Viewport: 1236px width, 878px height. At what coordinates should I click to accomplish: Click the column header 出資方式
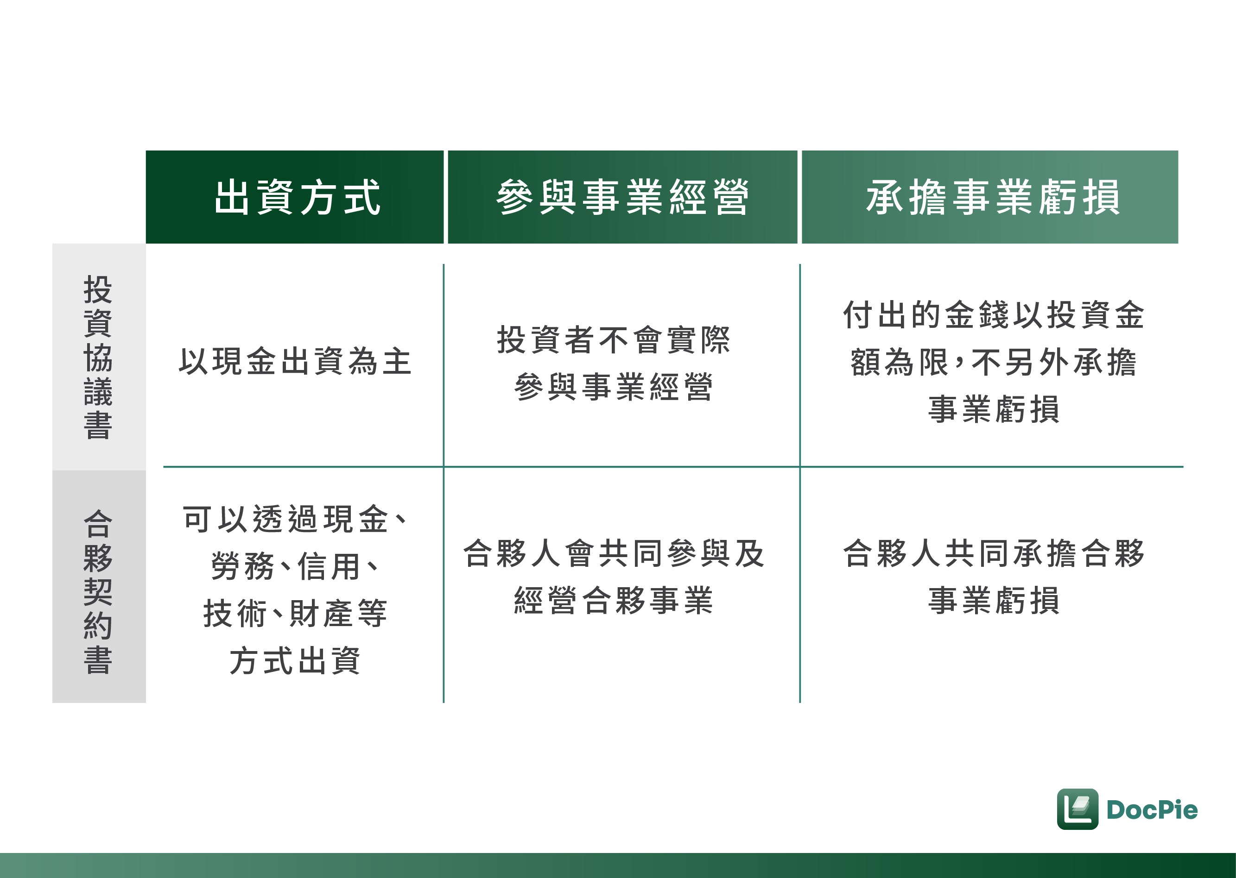click(297, 197)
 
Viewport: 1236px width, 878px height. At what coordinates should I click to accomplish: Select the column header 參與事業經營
click(622, 197)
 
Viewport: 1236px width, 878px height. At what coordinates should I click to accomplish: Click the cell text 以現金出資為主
click(295, 362)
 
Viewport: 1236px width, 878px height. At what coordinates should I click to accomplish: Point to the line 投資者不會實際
click(614, 340)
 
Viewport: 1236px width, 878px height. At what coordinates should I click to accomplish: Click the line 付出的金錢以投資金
click(993, 314)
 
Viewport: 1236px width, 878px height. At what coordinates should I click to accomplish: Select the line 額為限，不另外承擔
click(993, 362)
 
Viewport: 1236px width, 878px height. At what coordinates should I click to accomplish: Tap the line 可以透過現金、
click(295, 519)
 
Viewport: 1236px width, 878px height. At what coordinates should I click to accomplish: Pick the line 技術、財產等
click(295, 614)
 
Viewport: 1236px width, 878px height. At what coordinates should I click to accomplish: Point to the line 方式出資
click(295, 661)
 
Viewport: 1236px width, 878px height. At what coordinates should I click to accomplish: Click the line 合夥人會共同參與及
click(614, 554)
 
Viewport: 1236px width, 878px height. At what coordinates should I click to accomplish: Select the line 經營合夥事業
click(614, 601)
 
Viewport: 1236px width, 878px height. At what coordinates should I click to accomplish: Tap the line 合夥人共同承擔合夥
click(993, 554)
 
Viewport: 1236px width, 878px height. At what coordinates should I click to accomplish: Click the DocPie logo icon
click(1077, 809)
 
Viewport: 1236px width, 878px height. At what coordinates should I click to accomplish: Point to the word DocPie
click(1152, 810)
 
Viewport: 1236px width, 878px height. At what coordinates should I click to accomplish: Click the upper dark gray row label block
click(99, 357)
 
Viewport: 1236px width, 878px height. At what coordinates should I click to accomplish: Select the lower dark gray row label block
click(99, 587)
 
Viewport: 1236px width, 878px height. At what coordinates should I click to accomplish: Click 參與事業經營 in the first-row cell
click(614, 387)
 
